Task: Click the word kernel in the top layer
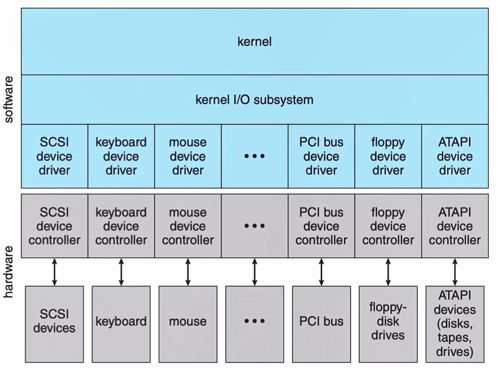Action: coord(254,42)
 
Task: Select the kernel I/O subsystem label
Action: coord(254,100)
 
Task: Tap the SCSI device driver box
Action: coord(55,156)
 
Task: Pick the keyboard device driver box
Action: coord(121,156)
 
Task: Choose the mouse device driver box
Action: coord(188,156)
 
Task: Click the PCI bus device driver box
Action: coord(321,156)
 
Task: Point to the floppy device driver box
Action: coord(388,156)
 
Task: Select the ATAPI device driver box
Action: coord(455,156)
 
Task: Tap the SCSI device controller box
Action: coord(55,226)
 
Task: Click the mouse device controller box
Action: coord(188,226)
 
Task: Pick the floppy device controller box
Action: coord(388,226)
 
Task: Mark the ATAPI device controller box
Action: coord(455,226)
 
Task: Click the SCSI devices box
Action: coord(54,322)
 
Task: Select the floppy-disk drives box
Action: coord(388,321)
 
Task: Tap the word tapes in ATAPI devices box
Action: coord(455,337)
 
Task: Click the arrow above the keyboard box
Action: coord(121,272)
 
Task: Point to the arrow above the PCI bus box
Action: coord(321,272)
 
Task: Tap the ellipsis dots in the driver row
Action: coord(254,156)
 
